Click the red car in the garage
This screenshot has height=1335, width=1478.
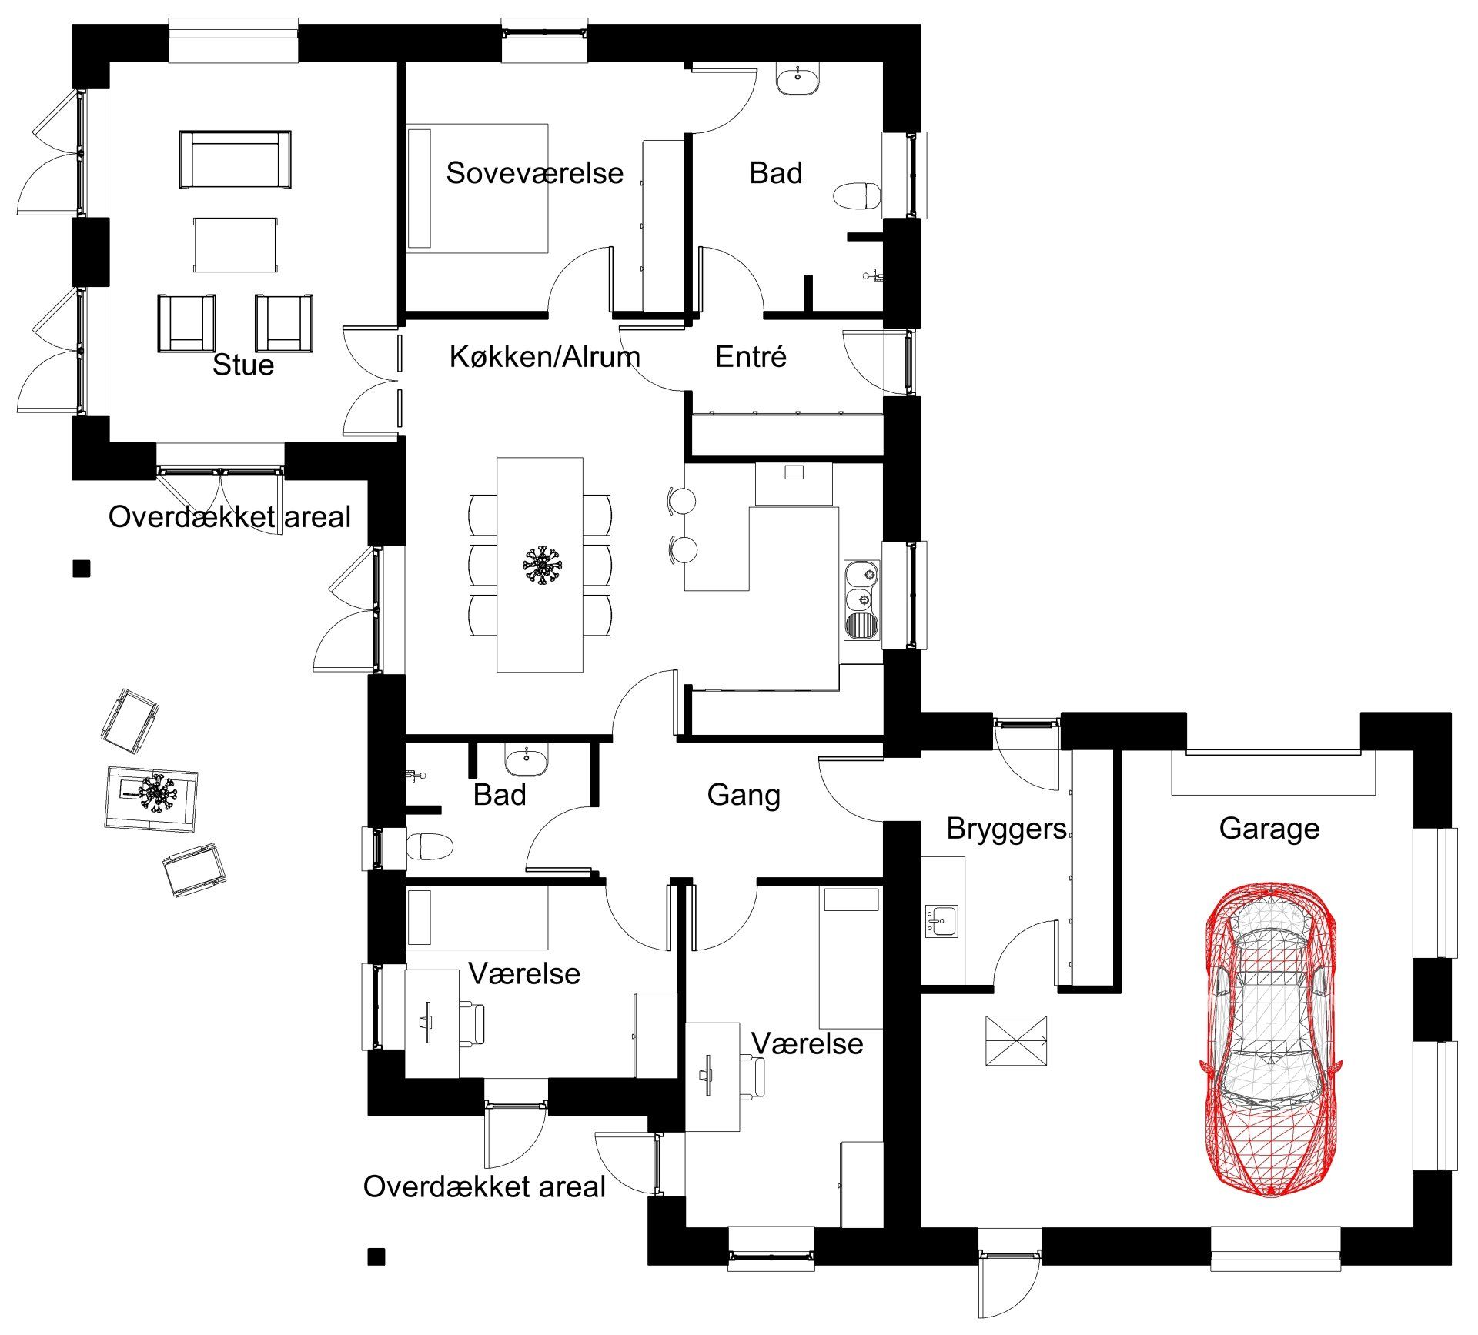coord(1270,1040)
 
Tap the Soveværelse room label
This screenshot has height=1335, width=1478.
coord(535,172)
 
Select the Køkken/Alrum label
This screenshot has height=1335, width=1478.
coord(544,356)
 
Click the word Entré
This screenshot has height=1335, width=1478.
coord(751,356)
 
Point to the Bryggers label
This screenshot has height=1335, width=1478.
coord(1006,828)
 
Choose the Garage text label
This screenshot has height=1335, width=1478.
coord(1269,828)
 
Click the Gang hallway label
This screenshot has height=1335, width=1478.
coord(744,795)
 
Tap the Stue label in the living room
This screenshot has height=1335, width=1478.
coord(243,365)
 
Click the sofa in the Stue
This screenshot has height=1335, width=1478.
coord(236,159)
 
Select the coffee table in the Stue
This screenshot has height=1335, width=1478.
coord(235,245)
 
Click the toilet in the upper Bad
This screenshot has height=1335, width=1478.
coord(858,195)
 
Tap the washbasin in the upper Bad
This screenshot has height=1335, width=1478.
coord(798,79)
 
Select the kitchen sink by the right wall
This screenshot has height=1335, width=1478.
coord(862,600)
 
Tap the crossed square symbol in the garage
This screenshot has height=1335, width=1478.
coord(1016,1041)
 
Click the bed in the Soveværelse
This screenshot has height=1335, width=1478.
coord(477,189)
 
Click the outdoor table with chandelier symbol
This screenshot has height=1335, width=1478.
coord(151,799)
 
